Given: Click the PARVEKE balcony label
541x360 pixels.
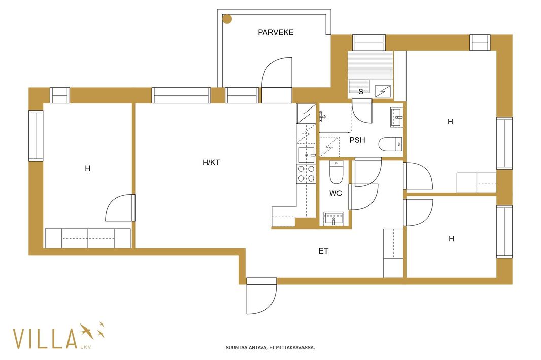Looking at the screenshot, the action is (276, 32).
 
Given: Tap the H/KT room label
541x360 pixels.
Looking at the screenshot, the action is (211, 162).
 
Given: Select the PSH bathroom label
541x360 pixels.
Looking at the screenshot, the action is (357, 140).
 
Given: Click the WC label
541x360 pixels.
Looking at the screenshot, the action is (335, 193).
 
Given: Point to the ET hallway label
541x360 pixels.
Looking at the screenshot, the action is (323, 251).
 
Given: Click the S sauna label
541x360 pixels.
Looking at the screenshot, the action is (361, 91).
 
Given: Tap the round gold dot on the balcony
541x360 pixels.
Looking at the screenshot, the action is (227, 19).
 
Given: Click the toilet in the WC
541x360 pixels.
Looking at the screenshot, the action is (336, 172).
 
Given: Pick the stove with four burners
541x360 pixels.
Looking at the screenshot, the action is (307, 173).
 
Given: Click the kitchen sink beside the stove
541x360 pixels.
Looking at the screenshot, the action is (307, 155).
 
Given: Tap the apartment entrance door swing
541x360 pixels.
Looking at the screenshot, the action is (261, 296).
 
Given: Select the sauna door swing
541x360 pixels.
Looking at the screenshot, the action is (362, 111).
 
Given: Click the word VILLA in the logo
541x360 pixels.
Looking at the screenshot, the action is (45, 339).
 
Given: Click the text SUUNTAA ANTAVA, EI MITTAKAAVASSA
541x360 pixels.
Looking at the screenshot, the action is (270, 348).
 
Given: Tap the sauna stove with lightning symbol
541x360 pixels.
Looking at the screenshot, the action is (383, 91).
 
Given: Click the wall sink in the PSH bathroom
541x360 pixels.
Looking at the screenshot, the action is (397, 117).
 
